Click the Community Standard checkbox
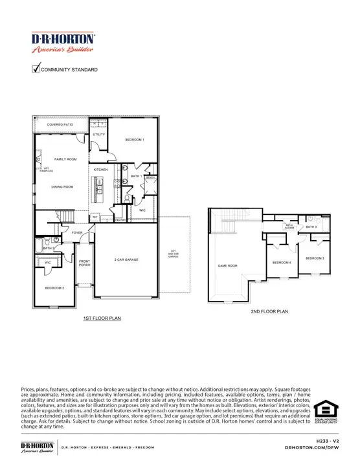point(36,69)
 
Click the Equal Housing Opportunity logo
point(326,412)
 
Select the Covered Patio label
point(60,124)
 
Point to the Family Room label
point(65,159)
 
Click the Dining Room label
point(63,187)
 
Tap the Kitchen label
point(100,170)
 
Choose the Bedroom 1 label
point(134,140)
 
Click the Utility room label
point(98,135)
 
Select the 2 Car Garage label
point(127,260)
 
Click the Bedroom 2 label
point(54,287)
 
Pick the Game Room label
point(227,265)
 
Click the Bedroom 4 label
point(281,262)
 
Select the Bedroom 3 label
point(315,258)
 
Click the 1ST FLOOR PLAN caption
point(102,318)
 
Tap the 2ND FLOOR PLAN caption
point(269,312)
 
